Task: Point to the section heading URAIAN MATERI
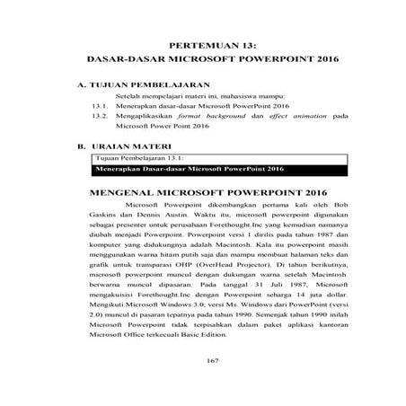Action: pos(128,144)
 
